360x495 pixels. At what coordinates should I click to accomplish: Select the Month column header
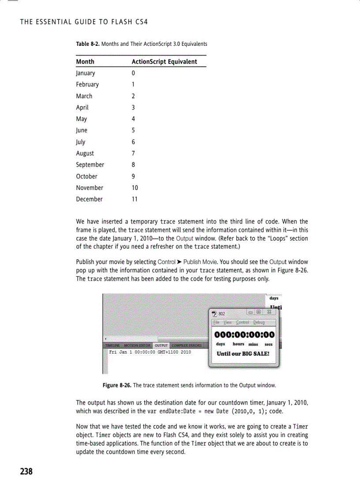85,62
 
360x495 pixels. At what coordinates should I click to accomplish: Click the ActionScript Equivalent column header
164,62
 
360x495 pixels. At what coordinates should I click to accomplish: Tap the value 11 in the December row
135,199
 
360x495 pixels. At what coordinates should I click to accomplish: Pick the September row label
90,165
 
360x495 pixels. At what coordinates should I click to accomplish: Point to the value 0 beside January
133,73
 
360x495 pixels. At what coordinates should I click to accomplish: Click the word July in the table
81,142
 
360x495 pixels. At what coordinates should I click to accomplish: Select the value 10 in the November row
135,188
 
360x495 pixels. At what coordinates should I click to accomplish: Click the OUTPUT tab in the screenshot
161,346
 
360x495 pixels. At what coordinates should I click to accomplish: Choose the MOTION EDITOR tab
138,346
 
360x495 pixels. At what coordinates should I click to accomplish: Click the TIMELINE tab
113,346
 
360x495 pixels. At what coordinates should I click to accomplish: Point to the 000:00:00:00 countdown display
244,335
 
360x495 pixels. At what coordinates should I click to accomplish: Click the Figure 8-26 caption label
117,385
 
